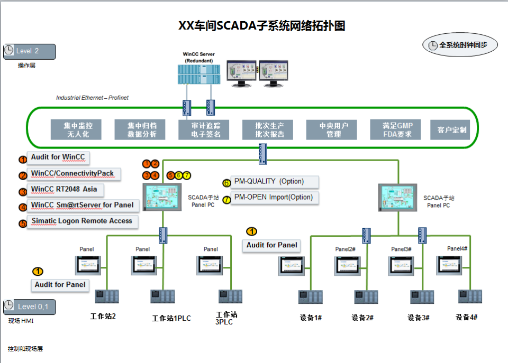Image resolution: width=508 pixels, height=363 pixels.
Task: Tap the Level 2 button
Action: tap(30, 51)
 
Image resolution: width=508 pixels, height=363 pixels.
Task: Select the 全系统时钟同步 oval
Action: tap(460, 45)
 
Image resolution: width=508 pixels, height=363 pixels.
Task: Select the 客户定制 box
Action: tap(451, 129)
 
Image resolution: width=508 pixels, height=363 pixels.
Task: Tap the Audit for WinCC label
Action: tap(58, 157)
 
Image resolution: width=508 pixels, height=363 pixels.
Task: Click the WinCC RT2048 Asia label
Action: tap(64, 189)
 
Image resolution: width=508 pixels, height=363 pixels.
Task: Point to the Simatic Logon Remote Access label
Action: tap(82, 221)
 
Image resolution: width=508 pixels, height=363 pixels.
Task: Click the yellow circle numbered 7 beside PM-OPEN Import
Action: tap(226, 200)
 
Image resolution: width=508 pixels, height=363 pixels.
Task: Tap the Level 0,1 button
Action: tap(30, 306)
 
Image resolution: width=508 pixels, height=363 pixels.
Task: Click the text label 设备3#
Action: tap(418, 318)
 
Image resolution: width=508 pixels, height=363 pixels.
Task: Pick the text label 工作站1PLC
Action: tap(171, 318)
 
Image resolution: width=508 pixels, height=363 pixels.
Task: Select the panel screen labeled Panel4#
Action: tap(451, 264)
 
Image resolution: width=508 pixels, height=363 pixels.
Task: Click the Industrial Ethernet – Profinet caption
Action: tap(92, 98)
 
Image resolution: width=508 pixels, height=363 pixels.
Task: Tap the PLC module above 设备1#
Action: tap(310, 296)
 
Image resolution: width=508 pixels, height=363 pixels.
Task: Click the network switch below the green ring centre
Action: tap(263, 154)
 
